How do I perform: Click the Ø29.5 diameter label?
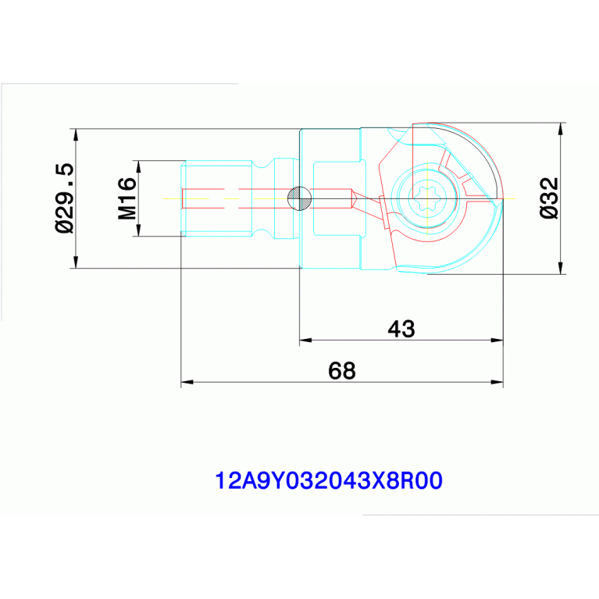(64, 198)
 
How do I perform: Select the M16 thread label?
(127, 198)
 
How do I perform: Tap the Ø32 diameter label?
(549, 198)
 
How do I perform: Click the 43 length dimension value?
(401, 329)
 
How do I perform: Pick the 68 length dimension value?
(342, 370)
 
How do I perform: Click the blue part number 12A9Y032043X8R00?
(329, 480)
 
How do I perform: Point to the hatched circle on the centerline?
(299, 198)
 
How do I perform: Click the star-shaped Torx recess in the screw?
(426, 198)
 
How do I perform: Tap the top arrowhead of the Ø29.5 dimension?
(76, 135)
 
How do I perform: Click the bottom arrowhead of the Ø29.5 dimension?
(76, 262)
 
